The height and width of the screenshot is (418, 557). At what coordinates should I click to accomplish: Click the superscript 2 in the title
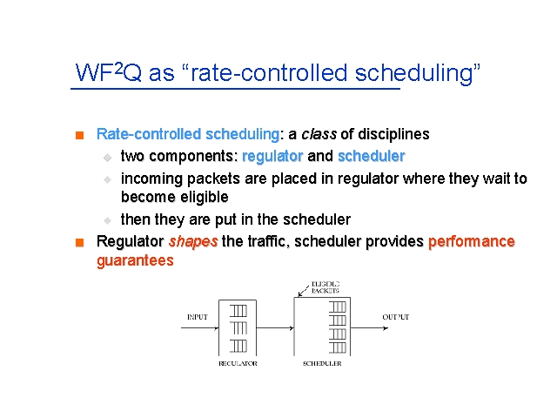click(118, 67)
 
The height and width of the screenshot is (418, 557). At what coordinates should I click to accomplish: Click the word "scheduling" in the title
click(414, 74)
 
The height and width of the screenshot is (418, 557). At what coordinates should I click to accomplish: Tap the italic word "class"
click(319, 134)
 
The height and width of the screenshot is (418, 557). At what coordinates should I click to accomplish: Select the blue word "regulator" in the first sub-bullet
click(272, 157)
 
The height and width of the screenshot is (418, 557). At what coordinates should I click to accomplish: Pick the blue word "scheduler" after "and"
click(372, 156)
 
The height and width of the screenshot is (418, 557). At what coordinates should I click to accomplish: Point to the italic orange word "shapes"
click(193, 242)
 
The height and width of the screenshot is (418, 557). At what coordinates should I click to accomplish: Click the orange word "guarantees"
click(135, 260)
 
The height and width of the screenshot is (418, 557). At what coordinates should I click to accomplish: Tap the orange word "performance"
click(472, 242)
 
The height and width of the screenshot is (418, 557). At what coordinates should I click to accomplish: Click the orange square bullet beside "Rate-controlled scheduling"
click(79, 135)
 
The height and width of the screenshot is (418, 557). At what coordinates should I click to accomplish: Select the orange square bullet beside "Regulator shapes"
click(79, 242)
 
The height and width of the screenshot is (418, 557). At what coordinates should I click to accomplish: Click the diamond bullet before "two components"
click(107, 158)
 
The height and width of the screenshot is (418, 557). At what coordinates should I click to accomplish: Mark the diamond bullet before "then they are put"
click(107, 220)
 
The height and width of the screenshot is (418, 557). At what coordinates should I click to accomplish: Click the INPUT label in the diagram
click(198, 317)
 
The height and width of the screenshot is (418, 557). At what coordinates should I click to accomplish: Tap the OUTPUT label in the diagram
click(396, 317)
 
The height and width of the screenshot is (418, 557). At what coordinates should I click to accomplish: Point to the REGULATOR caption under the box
click(238, 364)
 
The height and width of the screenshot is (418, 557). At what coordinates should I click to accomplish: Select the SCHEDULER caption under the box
click(322, 364)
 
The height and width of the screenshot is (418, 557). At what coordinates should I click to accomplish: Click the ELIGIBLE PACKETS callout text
click(325, 287)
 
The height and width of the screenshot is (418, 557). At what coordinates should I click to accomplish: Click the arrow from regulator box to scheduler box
click(275, 328)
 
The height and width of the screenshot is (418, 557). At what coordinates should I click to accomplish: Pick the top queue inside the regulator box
click(238, 311)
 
